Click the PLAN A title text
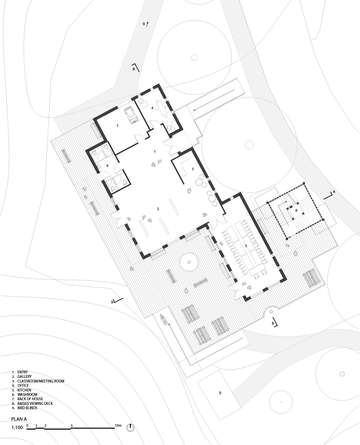pyautogui.click(x=19, y=419)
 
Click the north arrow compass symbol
pyautogui.click(x=130, y=428)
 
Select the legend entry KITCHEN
pyautogui.click(x=24, y=390)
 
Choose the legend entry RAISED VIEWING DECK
pyautogui.click(x=35, y=403)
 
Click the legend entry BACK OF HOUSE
pyautogui.click(x=30, y=399)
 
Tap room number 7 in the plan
pyautogui.click(x=117, y=125)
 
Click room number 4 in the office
pyautogui.click(x=152, y=108)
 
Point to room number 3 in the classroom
pyautogui.click(x=246, y=246)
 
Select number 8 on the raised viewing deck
pyautogui.click(x=296, y=210)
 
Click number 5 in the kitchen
pyautogui.click(x=193, y=169)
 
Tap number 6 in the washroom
pyautogui.click(x=107, y=166)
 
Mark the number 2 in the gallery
pyautogui.click(x=158, y=209)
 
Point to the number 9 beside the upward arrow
pyautogui.click(x=144, y=24)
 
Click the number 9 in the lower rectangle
pyautogui.click(x=220, y=393)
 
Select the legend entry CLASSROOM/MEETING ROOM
pyautogui.click(x=41, y=381)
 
